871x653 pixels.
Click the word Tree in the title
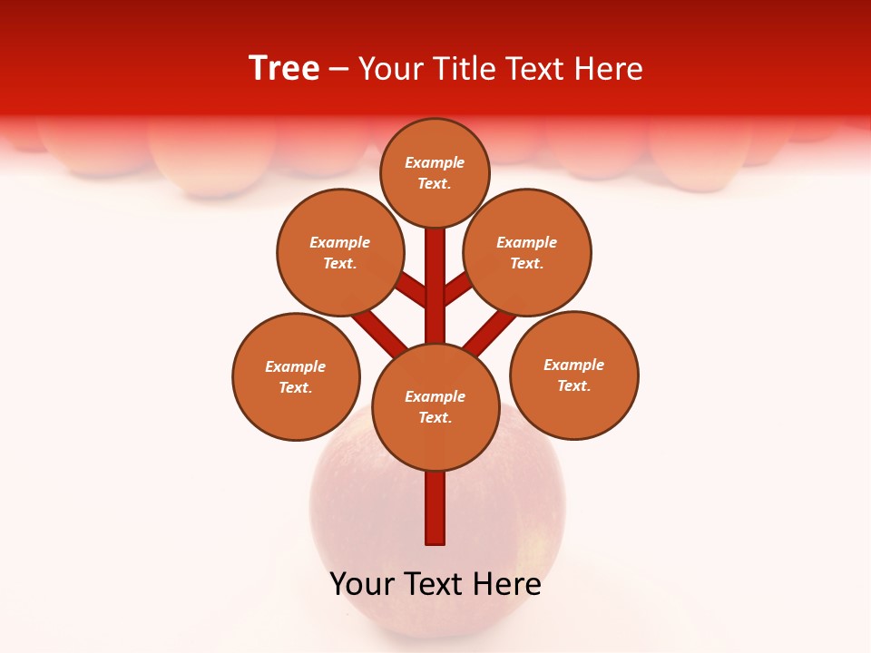(284, 68)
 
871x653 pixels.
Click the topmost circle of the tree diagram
(435, 172)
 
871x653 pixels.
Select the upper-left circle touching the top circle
(340, 252)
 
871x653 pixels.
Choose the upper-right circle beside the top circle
(527, 252)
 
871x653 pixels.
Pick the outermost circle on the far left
(296, 376)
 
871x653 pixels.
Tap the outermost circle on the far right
(574, 375)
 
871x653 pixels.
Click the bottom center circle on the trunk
(435, 407)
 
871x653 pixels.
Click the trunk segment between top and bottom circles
(435, 286)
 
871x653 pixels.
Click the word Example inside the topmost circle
(435, 162)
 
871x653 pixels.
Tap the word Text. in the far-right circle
(574, 385)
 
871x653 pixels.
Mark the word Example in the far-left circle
(296, 366)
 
